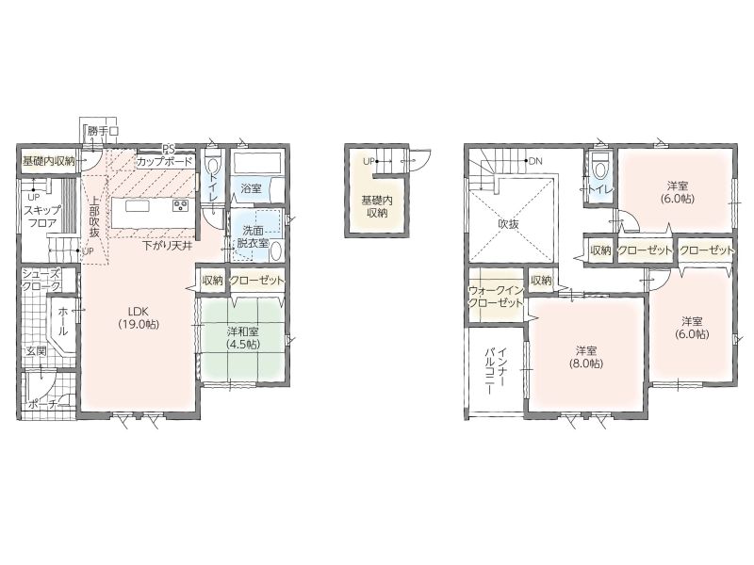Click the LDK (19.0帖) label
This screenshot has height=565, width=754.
click(139, 317)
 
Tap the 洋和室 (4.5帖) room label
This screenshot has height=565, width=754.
click(243, 338)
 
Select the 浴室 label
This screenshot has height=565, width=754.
click(251, 188)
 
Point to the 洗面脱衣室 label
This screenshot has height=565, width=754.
click(253, 237)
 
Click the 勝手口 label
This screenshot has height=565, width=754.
click(103, 131)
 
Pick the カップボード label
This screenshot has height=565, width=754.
click(164, 162)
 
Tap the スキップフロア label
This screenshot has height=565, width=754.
click(42, 217)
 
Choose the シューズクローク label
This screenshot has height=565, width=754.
click(41, 281)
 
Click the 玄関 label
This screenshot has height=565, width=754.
click(36, 351)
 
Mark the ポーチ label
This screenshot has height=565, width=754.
click(44, 404)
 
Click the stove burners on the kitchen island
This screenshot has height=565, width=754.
click(181, 206)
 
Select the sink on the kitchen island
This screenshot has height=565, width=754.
click(138, 206)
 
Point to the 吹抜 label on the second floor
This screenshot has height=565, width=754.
click(508, 224)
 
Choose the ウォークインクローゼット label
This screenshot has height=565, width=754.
click(496, 297)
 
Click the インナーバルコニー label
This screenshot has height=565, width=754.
click(495, 371)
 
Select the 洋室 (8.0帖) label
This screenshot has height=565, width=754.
click(586, 357)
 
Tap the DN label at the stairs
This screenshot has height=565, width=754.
click(535, 161)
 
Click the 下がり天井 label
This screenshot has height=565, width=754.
click(169, 246)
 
